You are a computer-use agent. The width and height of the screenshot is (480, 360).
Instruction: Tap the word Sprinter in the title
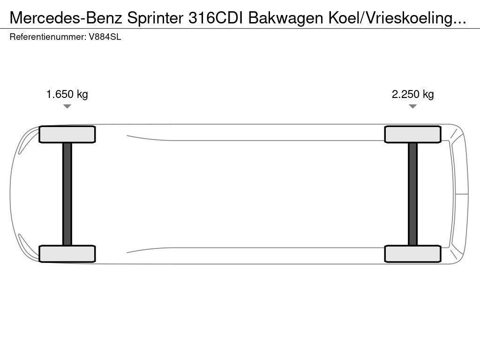coord(155,18)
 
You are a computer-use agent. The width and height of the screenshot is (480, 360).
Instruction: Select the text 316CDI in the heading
coord(216,18)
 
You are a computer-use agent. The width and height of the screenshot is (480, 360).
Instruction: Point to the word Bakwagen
coord(285,19)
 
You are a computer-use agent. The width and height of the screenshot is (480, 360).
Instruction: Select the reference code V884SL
coord(105,37)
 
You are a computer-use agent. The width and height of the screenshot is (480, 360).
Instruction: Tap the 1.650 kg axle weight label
coord(67,94)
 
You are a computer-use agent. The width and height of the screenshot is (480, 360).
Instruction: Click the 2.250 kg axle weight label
coord(412,94)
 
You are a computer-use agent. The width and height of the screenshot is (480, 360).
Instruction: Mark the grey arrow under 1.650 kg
coord(67,106)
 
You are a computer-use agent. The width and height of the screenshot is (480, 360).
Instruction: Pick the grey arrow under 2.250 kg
coord(412,106)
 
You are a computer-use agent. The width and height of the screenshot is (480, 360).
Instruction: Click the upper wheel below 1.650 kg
coord(67,135)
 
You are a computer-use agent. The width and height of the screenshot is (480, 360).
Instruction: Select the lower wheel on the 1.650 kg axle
coord(67,254)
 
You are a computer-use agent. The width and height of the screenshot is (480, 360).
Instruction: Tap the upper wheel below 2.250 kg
coord(412,135)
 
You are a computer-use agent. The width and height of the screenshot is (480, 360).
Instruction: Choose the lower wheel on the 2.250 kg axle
coord(412,254)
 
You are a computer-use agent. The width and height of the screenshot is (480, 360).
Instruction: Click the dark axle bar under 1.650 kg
coord(67,194)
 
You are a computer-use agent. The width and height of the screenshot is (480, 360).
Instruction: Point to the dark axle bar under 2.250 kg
coord(412,194)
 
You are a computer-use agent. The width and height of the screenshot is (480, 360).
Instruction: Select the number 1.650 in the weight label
coord(60,94)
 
